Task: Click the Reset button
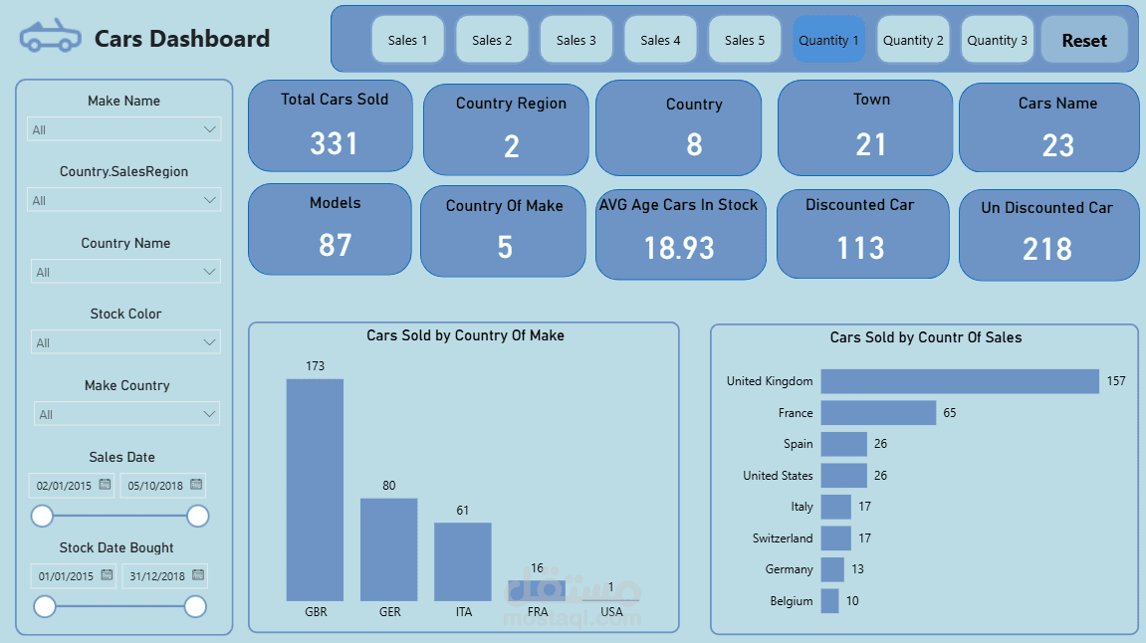1084,41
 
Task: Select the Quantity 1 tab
828,40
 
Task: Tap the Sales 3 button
576,40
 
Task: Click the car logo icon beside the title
50,37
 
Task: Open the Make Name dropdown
123,129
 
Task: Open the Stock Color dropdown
125,342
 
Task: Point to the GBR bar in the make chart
315,489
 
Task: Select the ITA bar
463,561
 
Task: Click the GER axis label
390,612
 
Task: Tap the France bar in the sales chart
878,413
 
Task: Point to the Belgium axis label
791,601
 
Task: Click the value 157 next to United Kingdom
1116,381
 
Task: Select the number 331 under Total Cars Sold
334,144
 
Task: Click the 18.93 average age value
679,248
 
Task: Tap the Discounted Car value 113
860,247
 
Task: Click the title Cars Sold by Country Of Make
465,336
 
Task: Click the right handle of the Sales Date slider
198,516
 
